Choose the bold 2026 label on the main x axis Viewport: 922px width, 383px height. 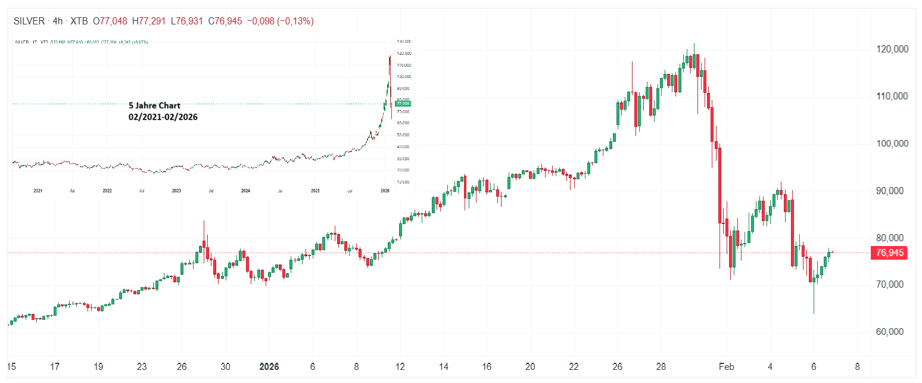click(268, 366)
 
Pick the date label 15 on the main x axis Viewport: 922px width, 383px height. click(11, 366)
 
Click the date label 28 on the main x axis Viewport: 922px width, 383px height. click(661, 366)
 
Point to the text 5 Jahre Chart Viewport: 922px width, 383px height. click(154, 105)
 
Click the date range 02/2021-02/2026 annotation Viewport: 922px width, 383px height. click(163, 117)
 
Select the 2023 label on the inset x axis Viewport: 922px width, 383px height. click(176, 191)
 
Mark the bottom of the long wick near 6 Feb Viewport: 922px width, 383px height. click(814, 313)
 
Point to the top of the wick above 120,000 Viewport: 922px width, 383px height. click(694, 43)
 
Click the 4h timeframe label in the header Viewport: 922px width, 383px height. click(57, 21)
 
